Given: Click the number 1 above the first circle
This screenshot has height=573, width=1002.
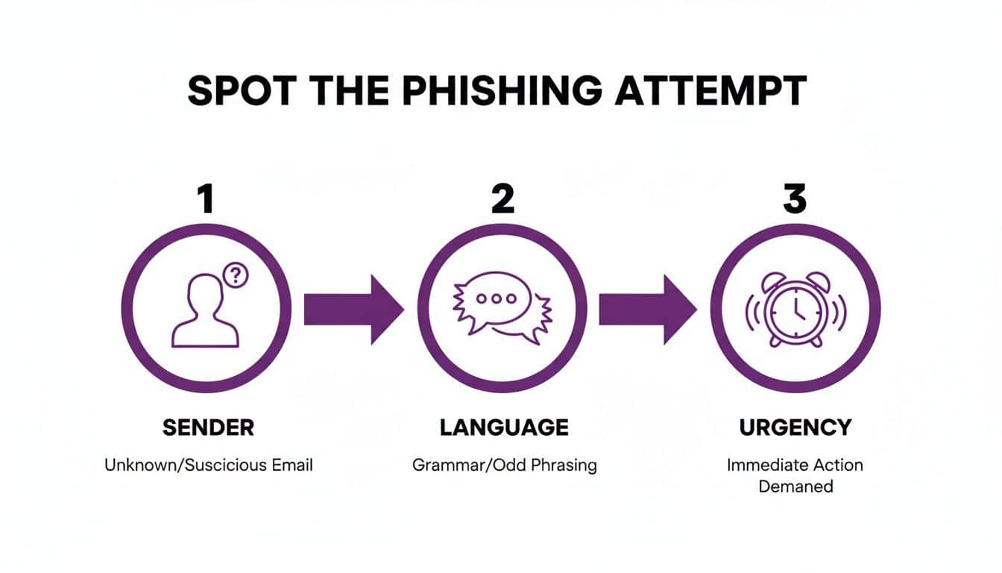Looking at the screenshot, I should pos(205,199).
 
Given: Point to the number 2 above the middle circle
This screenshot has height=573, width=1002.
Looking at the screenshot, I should pos(502,199).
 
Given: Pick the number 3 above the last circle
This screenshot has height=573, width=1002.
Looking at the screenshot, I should pos(795,199).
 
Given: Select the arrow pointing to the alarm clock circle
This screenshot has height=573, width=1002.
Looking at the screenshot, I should pos(646,309).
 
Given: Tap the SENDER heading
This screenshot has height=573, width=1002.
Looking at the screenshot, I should pos(208,428).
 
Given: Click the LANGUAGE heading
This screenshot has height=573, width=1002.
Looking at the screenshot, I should pos(504,428).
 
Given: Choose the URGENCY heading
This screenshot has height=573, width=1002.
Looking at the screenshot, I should pos(795,428).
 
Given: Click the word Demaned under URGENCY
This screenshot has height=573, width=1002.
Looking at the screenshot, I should pos(795,486).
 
